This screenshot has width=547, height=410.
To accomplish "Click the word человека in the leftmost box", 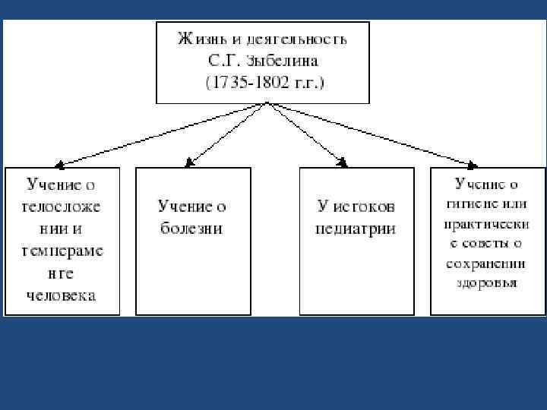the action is (x=62, y=295).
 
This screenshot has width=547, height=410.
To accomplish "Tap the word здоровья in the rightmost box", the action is (x=488, y=283).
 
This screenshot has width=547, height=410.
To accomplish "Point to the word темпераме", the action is (x=62, y=251).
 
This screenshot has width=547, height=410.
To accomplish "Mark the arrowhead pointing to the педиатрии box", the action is (x=343, y=162).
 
